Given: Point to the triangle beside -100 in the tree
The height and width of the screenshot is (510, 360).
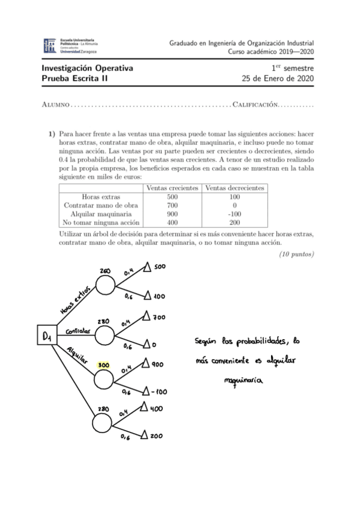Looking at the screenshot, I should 145,392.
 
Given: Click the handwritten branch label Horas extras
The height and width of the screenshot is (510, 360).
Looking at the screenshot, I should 76,299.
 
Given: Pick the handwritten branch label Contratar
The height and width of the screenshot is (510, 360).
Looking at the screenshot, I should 78,331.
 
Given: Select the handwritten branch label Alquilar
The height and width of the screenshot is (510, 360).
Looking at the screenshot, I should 76,354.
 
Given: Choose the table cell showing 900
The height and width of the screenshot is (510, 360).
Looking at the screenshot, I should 172,214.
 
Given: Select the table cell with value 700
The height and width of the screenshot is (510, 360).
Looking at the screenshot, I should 172,205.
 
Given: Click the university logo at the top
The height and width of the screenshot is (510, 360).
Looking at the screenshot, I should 71,46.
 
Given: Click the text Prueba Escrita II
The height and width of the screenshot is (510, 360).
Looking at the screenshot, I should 74,78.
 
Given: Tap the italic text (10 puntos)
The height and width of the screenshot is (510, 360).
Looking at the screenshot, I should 297,254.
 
